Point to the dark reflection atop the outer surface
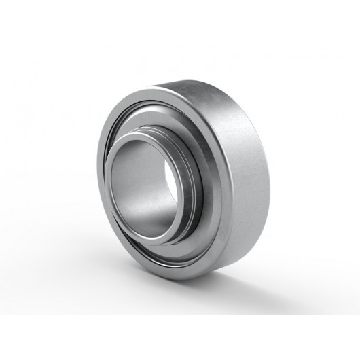204,95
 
